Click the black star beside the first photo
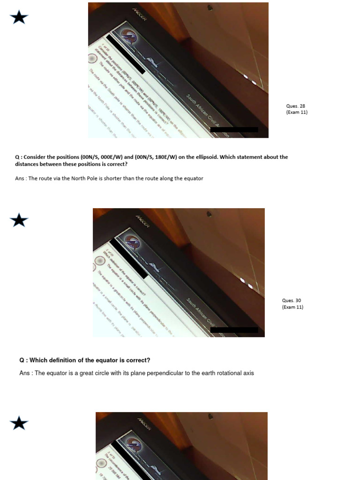[x=19, y=18]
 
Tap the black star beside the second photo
[x=19, y=219]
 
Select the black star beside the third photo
[x=19, y=423]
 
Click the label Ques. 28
[x=296, y=106]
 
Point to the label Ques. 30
[x=292, y=300]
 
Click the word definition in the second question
[x=64, y=360]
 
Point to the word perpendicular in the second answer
[x=170, y=373]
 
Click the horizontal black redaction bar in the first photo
[x=234, y=130]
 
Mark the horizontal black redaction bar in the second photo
[x=234, y=330]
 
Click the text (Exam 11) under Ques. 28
[x=297, y=112]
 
